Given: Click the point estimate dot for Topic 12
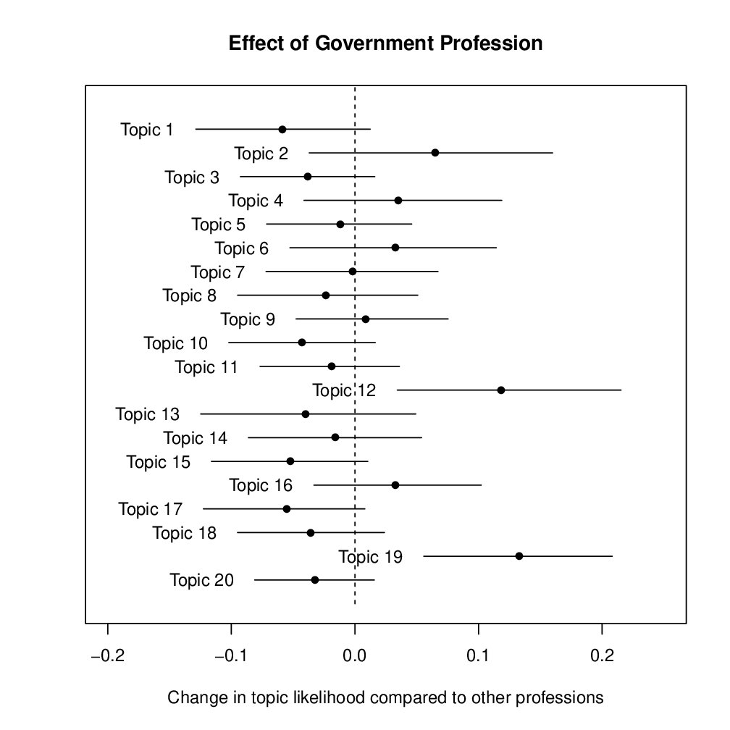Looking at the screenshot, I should click(x=501, y=390).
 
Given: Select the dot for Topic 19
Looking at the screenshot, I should click(x=519, y=556).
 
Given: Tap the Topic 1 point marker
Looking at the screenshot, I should click(x=282, y=130).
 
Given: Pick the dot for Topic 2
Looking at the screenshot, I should click(x=435, y=153).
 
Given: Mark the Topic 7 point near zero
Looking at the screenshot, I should click(x=353, y=272).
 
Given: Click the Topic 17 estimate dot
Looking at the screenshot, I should click(x=287, y=509).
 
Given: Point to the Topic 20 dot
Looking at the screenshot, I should click(x=315, y=580).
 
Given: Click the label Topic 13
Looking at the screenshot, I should click(x=147, y=414).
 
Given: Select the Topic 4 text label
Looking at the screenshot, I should click(x=256, y=201).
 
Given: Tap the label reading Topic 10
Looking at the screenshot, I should click(x=175, y=343).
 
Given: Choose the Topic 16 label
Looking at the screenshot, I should click(x=261, y=485).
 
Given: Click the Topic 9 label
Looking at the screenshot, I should click(x=248, y=319).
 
